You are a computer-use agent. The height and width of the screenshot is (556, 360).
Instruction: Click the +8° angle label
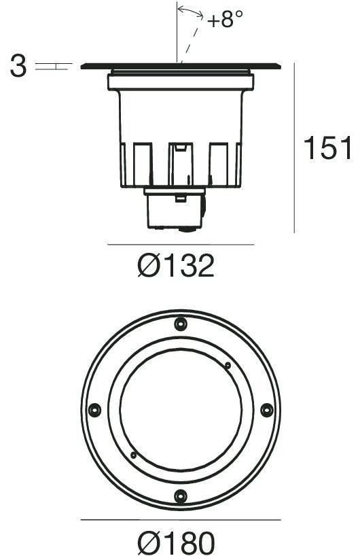pyautogui.click(x=226, y=20)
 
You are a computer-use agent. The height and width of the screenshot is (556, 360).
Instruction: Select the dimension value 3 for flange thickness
pyautogui.click(x=18, y=67)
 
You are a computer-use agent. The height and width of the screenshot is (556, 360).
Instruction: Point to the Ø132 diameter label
pyautogui.click(x=175, y=266)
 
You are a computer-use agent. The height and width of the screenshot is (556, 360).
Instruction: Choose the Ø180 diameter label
pyautogui.click(x=175, y=542)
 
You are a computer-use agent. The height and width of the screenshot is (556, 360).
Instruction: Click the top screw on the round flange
pyautogui.click(x=180, y=324)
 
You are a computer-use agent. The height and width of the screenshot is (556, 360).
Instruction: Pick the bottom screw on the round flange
pyautogui.click(x=180, y=496)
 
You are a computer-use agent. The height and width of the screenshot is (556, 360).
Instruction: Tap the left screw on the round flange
pyautogui.click(x=94, y=410)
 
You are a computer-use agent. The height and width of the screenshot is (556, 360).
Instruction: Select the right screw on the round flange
pyautogui.click(x=266, y=410)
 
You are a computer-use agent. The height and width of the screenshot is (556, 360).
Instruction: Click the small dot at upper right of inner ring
pyautogui.click(x=228, y=366)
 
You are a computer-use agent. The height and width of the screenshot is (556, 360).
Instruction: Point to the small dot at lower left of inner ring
pyautogui.click(x=134, y=455)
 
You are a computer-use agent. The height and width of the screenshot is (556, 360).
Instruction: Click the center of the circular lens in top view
pyautogui.click(x=180, y=410)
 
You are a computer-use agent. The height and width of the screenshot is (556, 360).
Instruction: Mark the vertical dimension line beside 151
pyautogui.click(x=294, y=149)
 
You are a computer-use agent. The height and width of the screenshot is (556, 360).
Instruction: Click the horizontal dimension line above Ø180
pyautogui.click(x=181, y=521)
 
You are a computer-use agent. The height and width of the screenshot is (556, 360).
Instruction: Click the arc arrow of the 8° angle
pyautogui.click(x=191, y=12)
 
